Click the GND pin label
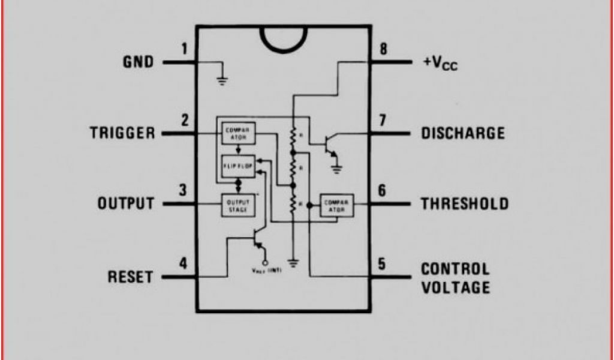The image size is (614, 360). coord(138,62)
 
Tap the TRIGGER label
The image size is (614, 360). coord(122,133)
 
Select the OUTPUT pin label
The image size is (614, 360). coord(126,203)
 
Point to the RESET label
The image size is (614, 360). coord(130,277)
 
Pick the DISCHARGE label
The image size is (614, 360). coord(462,133)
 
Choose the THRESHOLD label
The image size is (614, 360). coord(464,203)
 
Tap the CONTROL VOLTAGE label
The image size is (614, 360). coord(455,278)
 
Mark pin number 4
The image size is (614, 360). coord(183,263)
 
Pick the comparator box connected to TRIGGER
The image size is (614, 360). coord(239,133)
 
